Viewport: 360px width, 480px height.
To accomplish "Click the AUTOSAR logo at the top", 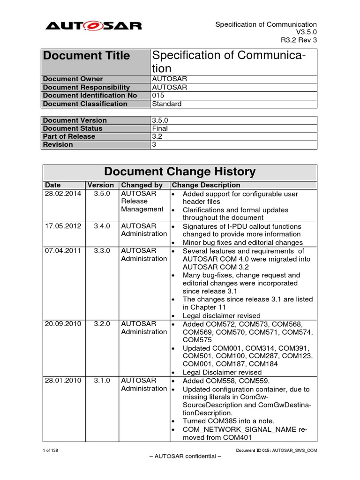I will pos(93,26).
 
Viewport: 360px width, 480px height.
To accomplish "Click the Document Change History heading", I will pos(180,172).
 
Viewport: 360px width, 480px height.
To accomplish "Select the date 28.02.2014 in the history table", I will pos(63,194).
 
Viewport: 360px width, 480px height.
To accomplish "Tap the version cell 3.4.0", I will pos(101,226).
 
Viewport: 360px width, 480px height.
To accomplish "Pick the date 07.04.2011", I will pos(63,251).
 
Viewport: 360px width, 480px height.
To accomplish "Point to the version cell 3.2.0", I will pos(101,324).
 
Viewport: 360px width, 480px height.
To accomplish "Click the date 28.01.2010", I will pos(63,381).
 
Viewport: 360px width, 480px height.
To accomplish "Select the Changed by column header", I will pos(142,185).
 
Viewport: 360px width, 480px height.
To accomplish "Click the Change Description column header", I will pos(206,185).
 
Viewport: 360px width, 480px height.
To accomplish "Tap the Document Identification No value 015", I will pos(158,96).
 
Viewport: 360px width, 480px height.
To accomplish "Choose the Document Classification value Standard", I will pos(166,104).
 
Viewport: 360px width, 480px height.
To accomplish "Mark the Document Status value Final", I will pos(160,128).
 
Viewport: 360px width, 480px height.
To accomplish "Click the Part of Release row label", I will pos(69,136).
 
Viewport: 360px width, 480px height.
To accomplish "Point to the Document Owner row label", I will pos(73,79).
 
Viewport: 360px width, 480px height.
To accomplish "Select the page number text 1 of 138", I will pos(50,450).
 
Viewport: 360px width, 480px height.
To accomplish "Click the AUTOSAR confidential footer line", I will pos(180,457).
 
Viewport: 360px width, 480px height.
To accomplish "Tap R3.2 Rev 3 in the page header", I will pos(299,40).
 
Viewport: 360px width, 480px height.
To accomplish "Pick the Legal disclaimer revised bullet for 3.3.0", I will pos(221,316).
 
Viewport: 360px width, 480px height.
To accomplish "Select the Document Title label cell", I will pos(87,56).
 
